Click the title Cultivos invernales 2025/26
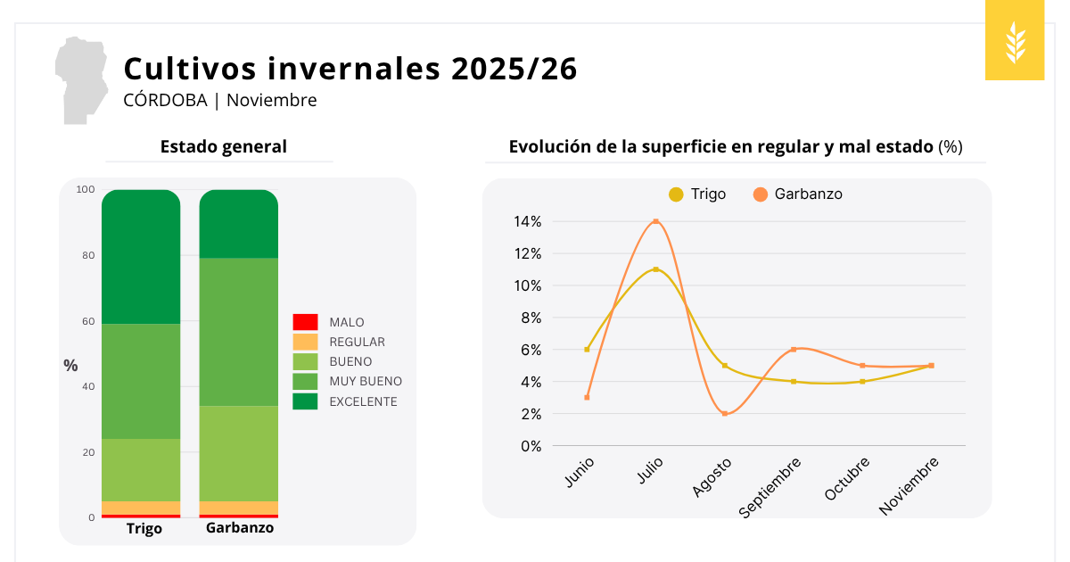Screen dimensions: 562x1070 (350, 69)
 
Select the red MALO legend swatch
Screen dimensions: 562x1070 (305, 322)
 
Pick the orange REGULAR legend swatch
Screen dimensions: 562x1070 (305, 342)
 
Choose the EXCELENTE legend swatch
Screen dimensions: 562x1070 (305, 401)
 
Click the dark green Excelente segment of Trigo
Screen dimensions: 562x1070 (141, 257)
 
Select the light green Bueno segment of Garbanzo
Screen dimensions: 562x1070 (238, 453)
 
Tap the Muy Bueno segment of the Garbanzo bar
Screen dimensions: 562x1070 (238, 332)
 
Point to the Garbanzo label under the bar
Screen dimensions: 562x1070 (240, 527)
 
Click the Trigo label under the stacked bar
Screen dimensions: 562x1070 (144, 528)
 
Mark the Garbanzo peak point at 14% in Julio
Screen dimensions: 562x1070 (655, 221)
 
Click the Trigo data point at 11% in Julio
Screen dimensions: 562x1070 (655, 269)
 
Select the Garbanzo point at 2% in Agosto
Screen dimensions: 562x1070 (725, 414)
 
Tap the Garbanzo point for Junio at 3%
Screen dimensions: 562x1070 (587, 397)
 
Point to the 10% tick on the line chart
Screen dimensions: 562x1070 (526, 285)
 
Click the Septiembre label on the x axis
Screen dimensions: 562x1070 (771, 487)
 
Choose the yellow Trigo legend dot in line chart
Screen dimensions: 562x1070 (676, 194)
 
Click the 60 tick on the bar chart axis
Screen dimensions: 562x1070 (86, 321)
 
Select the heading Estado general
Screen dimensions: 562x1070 (224, 146)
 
